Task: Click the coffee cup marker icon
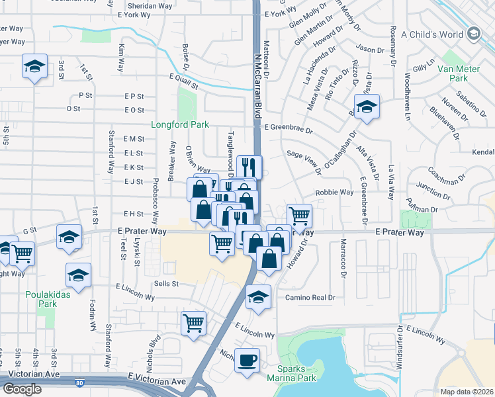click(x=247, y=361)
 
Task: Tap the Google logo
click(x=22, y=389)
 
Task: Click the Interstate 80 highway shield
click(x=79, y=383)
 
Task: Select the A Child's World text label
click(x=432, y=34)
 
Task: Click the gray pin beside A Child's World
click(x=474, y=34)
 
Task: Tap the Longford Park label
click(x=180, y=124)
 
